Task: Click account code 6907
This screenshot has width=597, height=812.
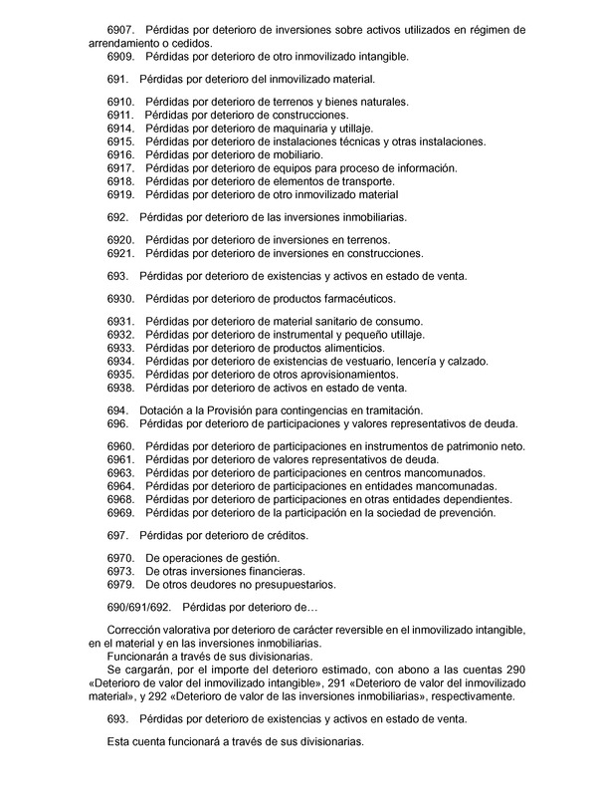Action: [x=119, y=31]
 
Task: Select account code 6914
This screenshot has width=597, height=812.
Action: [x=119, y=129]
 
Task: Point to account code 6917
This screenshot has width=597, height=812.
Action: [x=119, y=168]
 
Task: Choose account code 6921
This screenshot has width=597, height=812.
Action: [x=119, y=253]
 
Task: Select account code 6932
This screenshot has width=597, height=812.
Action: [x=119, y=335]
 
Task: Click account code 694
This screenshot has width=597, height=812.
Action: [x=116, y=409]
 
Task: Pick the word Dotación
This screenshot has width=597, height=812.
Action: [x=162, y=409]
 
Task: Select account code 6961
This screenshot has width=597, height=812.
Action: [x=119, y=459]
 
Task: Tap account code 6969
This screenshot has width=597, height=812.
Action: [x=119, y=512]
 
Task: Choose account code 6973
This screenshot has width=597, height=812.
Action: [x=119, y=571]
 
